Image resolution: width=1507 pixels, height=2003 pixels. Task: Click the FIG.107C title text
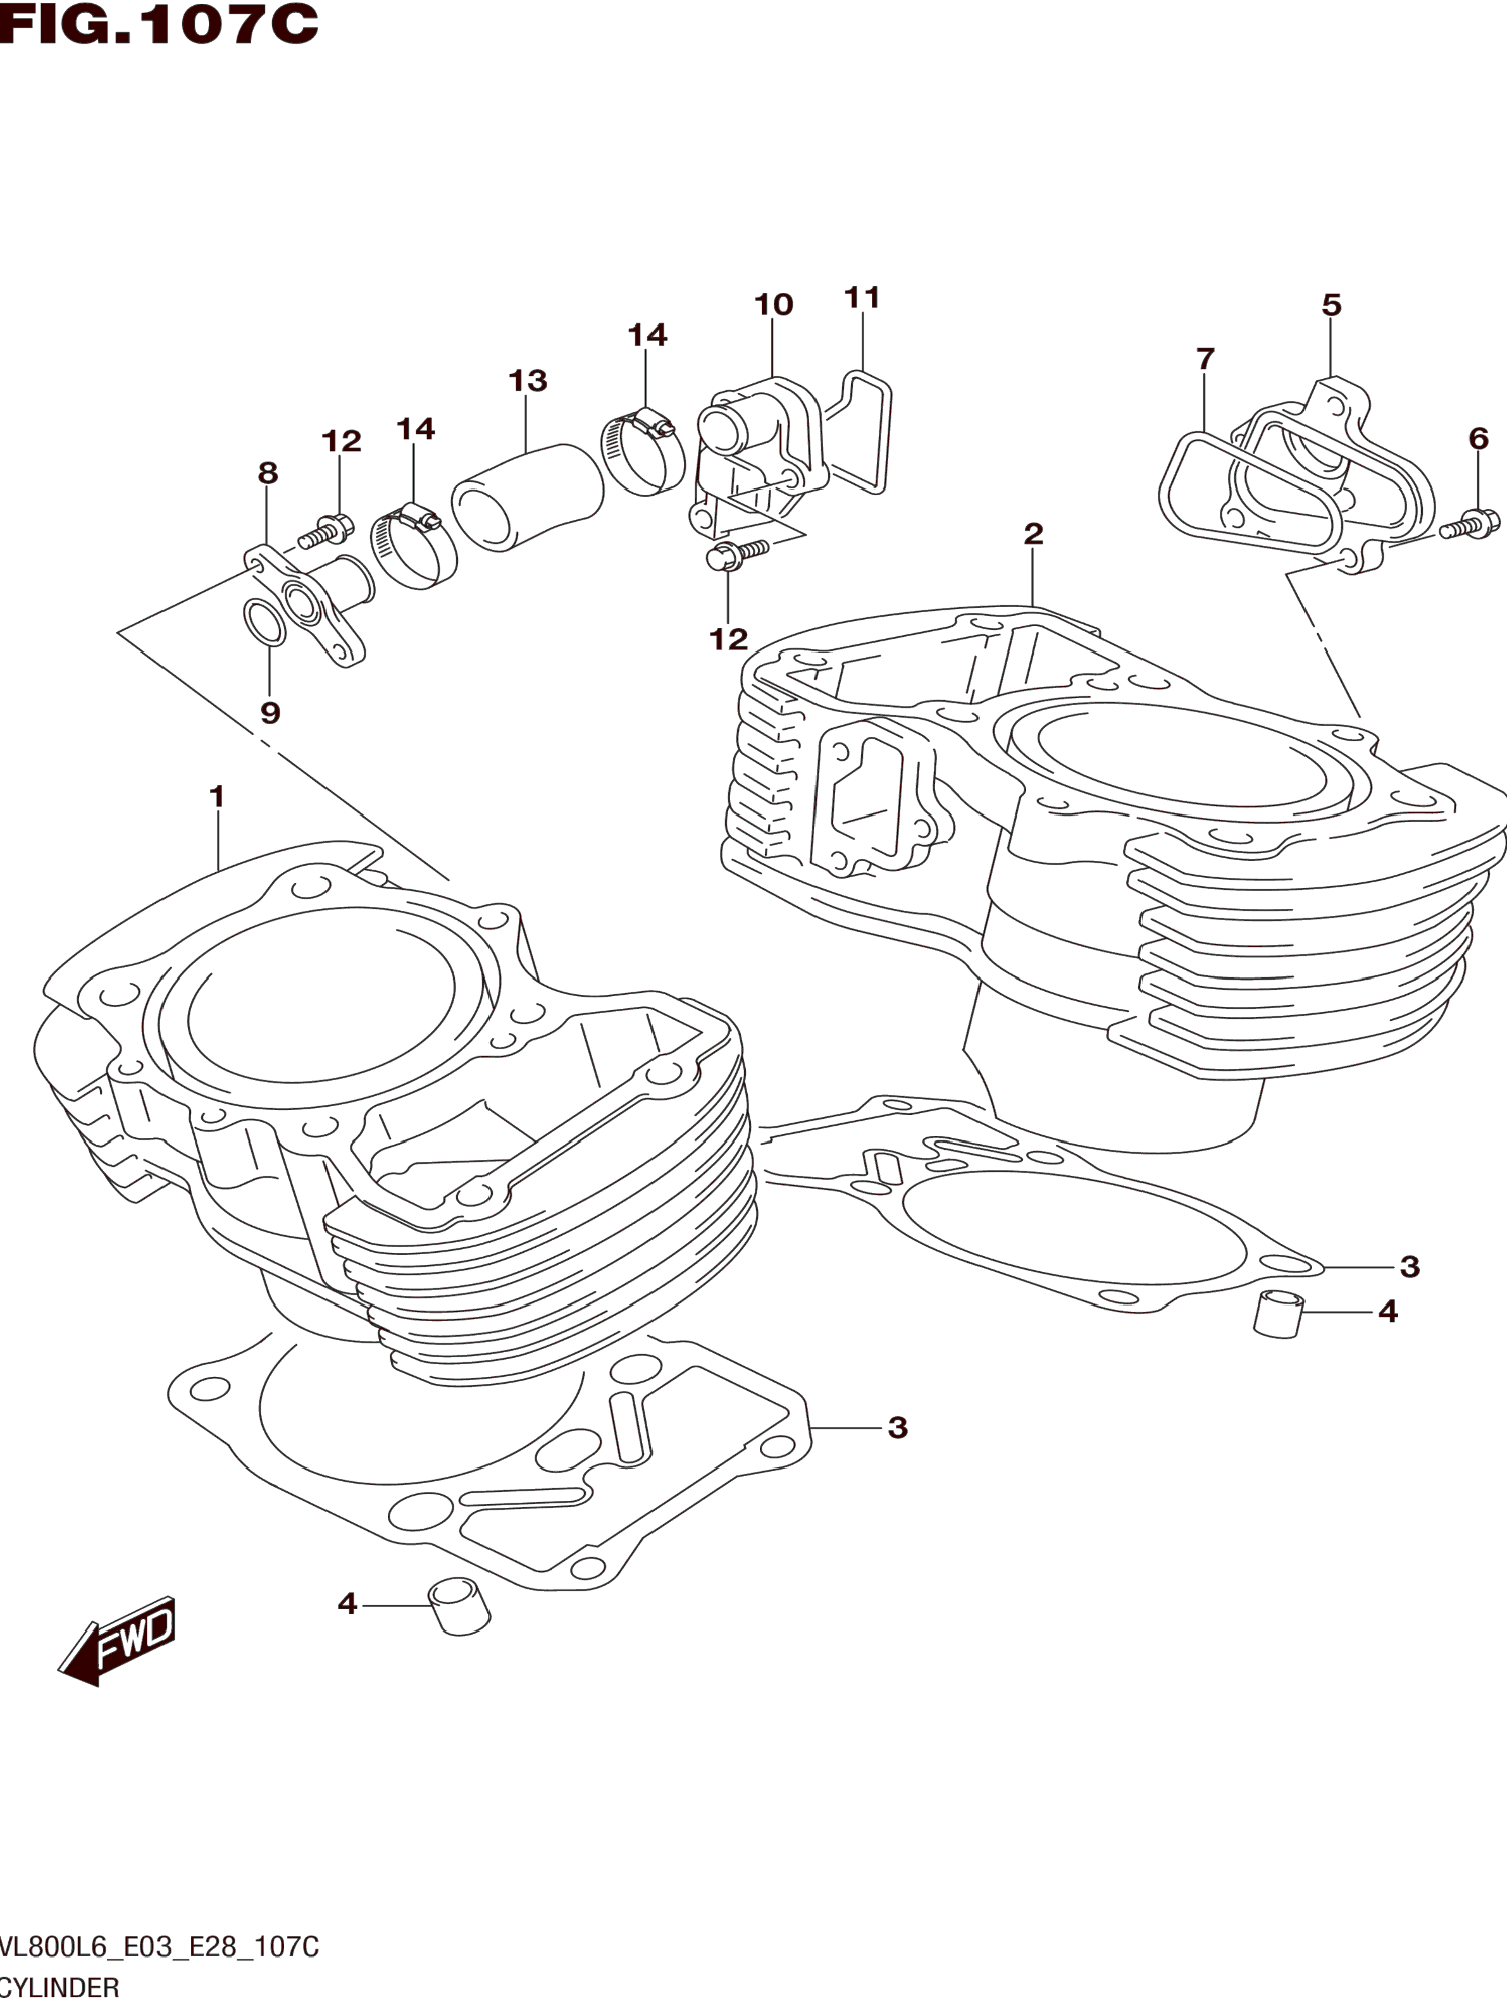tap(159, 25)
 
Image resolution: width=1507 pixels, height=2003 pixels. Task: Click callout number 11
tap(862, 297)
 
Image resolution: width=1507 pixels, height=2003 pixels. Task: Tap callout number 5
tap(1331, 305)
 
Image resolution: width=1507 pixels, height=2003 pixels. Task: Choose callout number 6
tap(1478, 439)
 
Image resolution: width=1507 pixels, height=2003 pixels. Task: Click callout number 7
tap(1205, 359)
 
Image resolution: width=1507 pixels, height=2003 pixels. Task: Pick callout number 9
tap(270, 713)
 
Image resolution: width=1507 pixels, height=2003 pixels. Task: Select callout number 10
tap(773, 304)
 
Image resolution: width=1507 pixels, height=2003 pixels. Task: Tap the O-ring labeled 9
tap(264, 622)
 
